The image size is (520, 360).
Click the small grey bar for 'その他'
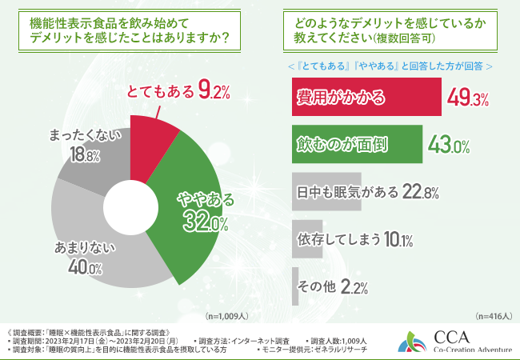click(295, 286)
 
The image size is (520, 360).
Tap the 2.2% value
click(354, 286)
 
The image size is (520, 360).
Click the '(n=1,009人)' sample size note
click(228, 316)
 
